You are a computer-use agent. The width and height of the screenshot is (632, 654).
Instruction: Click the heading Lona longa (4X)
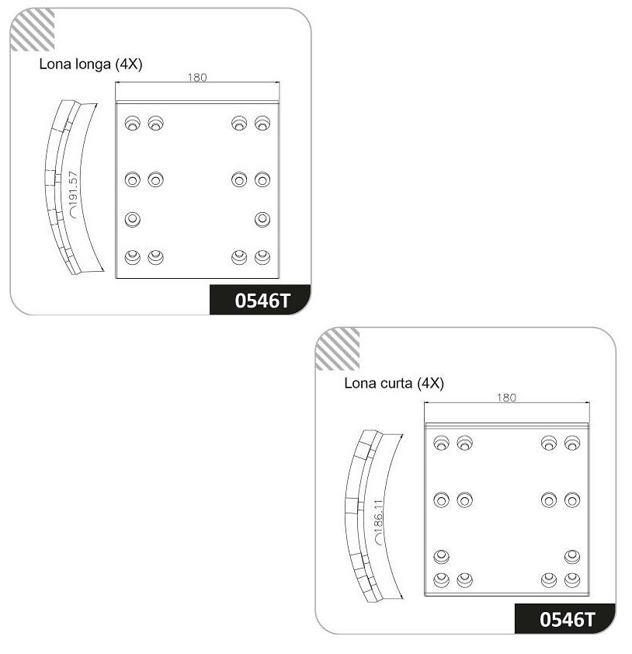[91, 64]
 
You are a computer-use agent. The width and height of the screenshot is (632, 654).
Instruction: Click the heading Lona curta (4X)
[394, 383]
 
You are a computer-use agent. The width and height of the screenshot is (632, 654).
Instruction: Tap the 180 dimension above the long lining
[197, 77]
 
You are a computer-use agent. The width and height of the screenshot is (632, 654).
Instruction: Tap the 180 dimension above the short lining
[506, 398]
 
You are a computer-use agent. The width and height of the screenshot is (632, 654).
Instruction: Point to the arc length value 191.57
[74, 190]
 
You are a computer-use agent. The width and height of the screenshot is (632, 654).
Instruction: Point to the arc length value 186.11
[378, 518]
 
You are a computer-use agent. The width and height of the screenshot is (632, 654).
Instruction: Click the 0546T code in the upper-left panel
[262, 301]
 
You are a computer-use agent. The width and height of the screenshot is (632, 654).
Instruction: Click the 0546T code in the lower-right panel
[567, 619]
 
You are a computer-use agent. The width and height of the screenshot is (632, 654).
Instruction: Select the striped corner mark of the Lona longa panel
[33, 30]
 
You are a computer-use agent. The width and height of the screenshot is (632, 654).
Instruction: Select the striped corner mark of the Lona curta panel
[338, 349]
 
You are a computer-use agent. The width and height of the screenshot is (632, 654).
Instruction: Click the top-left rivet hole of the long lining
[133, 123]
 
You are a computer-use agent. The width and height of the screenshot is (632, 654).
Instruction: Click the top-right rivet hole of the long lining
[262, 123]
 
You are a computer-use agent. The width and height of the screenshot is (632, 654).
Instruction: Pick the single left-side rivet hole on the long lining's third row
[133, 219]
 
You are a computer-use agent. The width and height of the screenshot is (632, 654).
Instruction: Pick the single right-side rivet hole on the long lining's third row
[262, 219]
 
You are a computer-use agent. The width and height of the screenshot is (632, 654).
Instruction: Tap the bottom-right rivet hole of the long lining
[262, 257]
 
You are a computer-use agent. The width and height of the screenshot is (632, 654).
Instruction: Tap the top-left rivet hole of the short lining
[442, 443]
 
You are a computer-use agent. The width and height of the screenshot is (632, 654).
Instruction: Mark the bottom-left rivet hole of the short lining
[442, 580]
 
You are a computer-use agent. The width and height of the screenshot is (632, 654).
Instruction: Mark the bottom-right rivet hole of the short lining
[572, 580]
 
